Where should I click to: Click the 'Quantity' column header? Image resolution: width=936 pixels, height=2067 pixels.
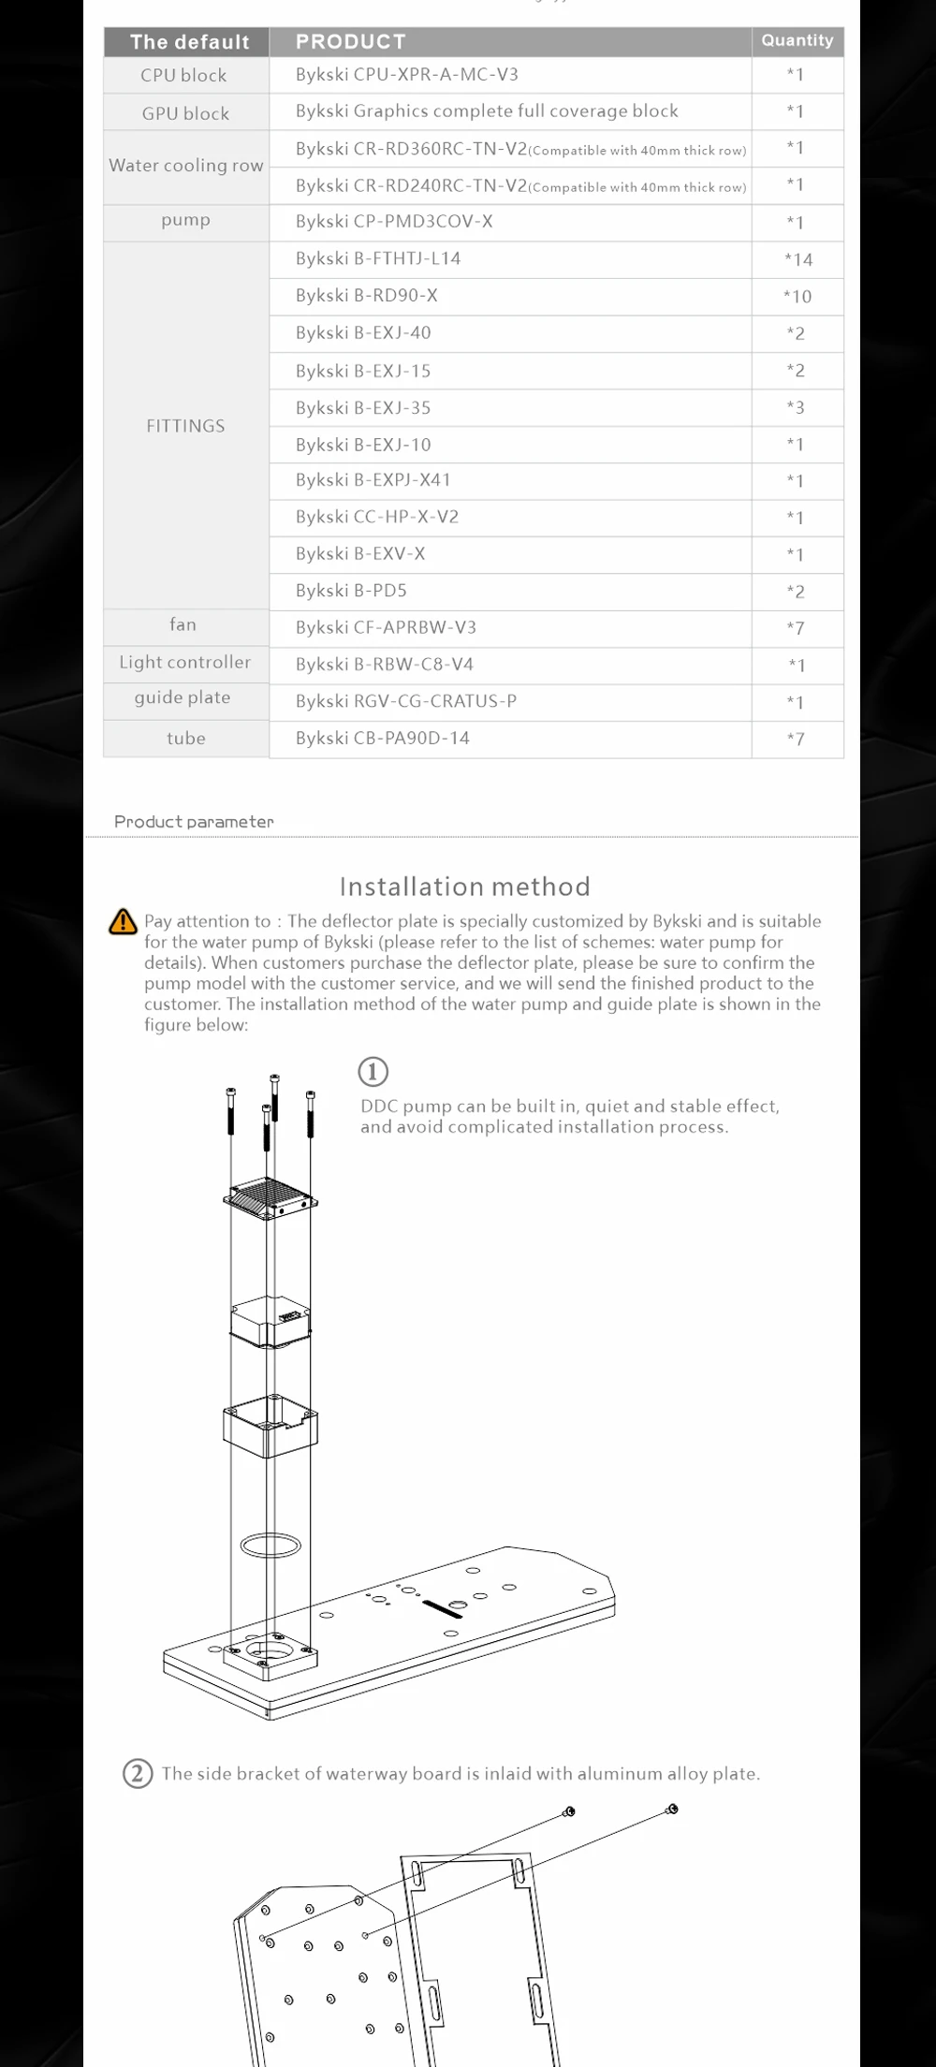tap(797, 40)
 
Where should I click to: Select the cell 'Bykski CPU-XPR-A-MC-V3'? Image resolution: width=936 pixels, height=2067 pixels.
tap(406, 75)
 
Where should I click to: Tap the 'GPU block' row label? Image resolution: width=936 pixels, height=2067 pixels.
tap(185, 113)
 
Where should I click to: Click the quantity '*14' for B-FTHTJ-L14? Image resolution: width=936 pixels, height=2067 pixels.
tap(797, 259)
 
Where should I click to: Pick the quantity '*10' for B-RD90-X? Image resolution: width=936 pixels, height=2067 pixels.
tap(797, 297)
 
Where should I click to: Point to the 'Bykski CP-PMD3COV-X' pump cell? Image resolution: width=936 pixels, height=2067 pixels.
tap(393, 222)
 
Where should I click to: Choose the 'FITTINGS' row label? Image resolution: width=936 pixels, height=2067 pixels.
tap(185, 426)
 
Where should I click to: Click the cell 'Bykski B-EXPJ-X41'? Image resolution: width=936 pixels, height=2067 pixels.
tap(373, 480)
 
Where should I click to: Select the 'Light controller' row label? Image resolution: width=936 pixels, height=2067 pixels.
tap(184, 662)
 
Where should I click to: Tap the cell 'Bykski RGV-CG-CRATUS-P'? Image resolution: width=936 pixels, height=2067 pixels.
tap(405, 701)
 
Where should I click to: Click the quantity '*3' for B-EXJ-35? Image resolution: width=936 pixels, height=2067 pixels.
tap(796, 407)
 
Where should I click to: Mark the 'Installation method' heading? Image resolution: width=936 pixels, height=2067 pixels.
tap(464, 887)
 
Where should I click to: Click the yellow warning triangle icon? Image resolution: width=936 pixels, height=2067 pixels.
tap(123, 922)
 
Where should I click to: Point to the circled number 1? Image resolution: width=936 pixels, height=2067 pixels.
tap(373, 1071)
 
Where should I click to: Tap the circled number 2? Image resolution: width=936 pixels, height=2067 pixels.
tap(138, 1773)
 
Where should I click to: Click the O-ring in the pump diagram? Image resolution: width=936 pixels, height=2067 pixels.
tap(271, 1545)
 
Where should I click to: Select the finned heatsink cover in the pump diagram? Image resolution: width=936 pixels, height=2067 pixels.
tap(271, 1196)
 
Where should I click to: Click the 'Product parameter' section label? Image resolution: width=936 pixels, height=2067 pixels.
tap(194, 821)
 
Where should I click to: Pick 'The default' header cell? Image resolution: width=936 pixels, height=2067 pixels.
tap(189, 42)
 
